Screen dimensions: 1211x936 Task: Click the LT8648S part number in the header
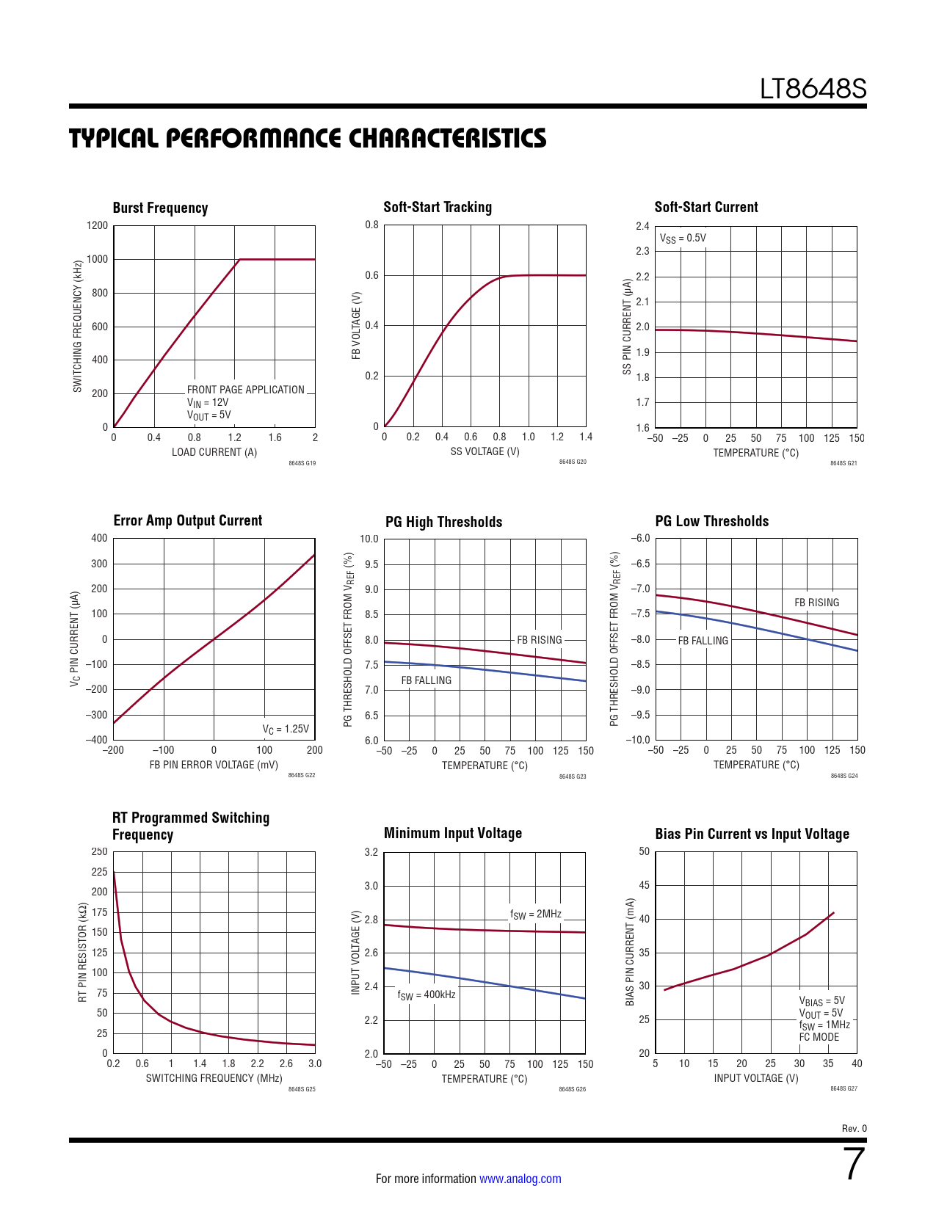click(x=813, y=89)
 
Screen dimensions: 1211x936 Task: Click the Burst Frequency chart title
click(x=160, y=208)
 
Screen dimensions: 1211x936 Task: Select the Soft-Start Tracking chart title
click(x=438, y=207)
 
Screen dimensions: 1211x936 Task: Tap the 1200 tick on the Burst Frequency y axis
click(x=97, y=225)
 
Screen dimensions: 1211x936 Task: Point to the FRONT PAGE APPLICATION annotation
click(x=245, y=390)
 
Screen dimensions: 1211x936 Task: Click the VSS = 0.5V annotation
click(x=683, y=238)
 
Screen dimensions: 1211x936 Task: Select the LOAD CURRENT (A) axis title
click(x=214, y=452)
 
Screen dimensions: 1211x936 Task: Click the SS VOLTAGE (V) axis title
click(x=485, y=451)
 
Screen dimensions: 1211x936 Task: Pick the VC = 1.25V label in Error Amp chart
click(x=286, y=729)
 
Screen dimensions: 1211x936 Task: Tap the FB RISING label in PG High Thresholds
click(x=539, y=640)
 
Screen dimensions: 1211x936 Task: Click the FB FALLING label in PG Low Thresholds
click(x=703, y=641)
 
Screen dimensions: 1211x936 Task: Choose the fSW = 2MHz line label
click(x=536, y=914)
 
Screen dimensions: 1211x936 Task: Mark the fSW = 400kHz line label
click(x=427, y=995)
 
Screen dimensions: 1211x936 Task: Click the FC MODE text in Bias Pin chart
click(x=819, y=1037)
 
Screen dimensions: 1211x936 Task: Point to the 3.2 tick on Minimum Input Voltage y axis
click(x=371, y=852)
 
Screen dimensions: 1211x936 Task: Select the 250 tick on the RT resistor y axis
click(x=99, y=851)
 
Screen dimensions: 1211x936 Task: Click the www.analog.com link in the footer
click(x=520, y=1179)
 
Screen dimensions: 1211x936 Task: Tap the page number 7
click(x=855, y=1165)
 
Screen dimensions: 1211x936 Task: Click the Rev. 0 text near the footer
click(x=854, y=1128)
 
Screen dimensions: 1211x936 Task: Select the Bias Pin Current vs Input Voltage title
click(x=752, y=834)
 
